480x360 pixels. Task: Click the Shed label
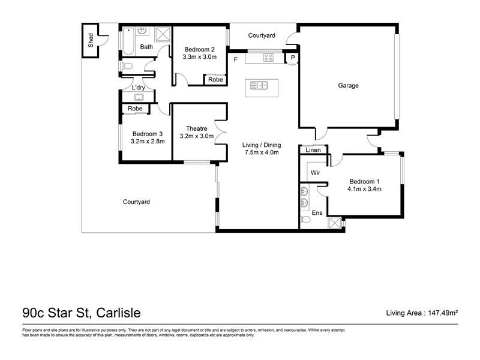click(91, 40)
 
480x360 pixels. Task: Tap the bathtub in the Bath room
click(128, 41)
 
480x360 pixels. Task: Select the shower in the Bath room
click(163, 34)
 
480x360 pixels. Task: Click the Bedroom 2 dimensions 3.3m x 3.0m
click(200, 57)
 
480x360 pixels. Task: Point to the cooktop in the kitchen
click(268, 58)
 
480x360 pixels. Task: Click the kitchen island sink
click(259, 85)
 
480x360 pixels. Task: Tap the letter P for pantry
click(293, 58)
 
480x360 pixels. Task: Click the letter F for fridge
click(235, 59)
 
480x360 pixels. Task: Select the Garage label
click(349, 85)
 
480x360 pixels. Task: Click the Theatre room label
click(197, 128)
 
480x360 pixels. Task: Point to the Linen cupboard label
click(313, 150)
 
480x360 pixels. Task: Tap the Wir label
click(316, 173)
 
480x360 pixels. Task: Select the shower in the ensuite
click(334, 223)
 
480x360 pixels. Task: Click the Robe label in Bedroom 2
click(215, 80)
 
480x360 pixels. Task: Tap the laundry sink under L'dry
click(139, 97)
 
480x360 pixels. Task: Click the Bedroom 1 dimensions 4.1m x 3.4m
click(364, 189)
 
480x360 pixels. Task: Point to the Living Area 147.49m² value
click(443, 313)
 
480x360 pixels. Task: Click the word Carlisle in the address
click(118, 313)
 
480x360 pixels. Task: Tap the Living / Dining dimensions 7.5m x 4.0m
click(262, 152)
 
